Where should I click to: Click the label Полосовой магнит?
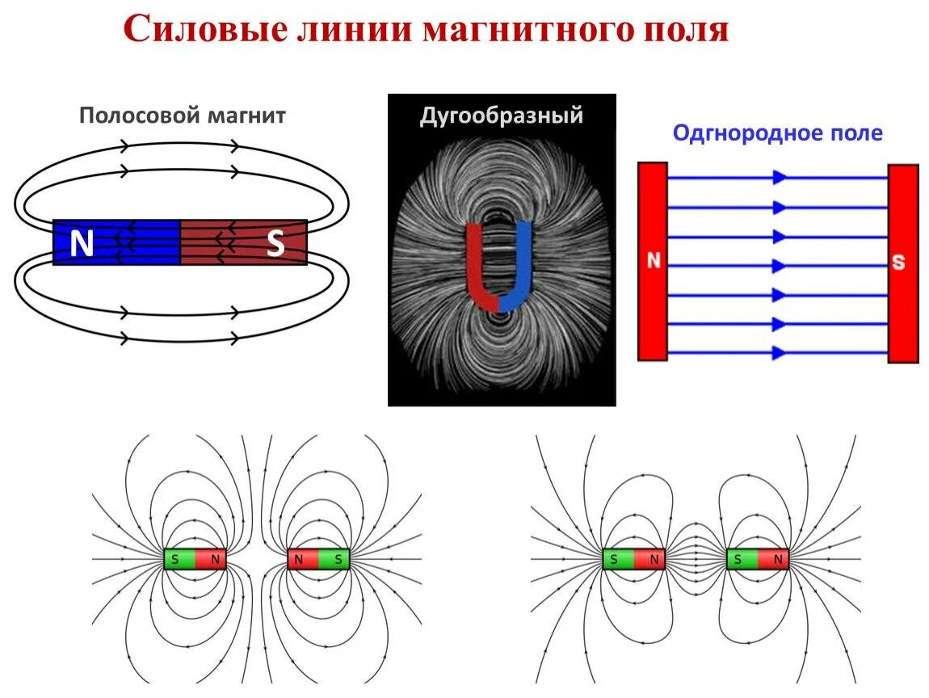tap(183, 116)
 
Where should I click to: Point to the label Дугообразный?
tap(501, 116)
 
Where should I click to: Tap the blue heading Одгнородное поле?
tap(777, 133)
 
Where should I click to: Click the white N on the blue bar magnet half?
tap(82, 243)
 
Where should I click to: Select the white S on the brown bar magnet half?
tap(275, 243)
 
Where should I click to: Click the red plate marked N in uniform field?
tap(653, 261)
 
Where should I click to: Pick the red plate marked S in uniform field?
tap(903, 263)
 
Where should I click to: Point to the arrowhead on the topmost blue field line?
tap(780, 177)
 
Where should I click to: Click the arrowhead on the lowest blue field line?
tap(780, 352)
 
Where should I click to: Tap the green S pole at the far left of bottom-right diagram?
tap(618, 559)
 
